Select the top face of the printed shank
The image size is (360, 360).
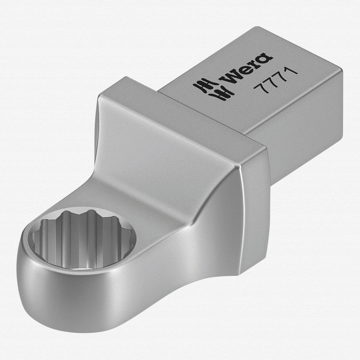249,83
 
